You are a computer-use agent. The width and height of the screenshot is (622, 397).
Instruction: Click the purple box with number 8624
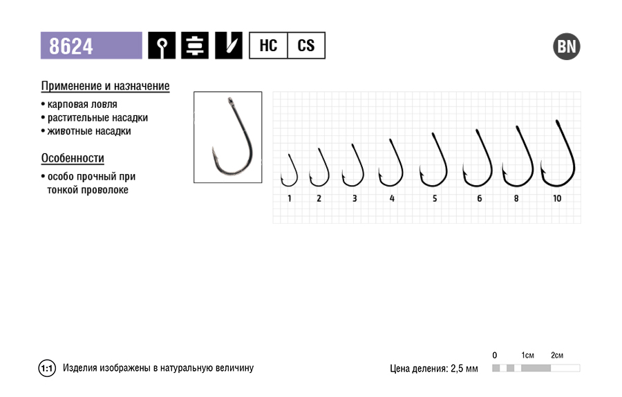(x=91, y=46)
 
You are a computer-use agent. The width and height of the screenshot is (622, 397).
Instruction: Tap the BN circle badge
(x=567, y=46)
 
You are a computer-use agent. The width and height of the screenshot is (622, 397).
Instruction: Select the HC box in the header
(x=268, y=46)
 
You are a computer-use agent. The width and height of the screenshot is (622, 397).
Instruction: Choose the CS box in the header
(x=306, y=46)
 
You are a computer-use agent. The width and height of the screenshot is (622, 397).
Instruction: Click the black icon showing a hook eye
(x=162, y=46)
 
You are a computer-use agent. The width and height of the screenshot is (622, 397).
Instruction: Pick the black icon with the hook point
(x=229, y=46)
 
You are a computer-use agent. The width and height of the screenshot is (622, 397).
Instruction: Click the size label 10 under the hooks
(x=557, y=199)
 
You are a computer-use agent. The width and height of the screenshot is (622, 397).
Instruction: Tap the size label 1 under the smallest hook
(x=290, y=199)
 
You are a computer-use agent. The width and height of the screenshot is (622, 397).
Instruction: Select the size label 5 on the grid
(x=435, y=199)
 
